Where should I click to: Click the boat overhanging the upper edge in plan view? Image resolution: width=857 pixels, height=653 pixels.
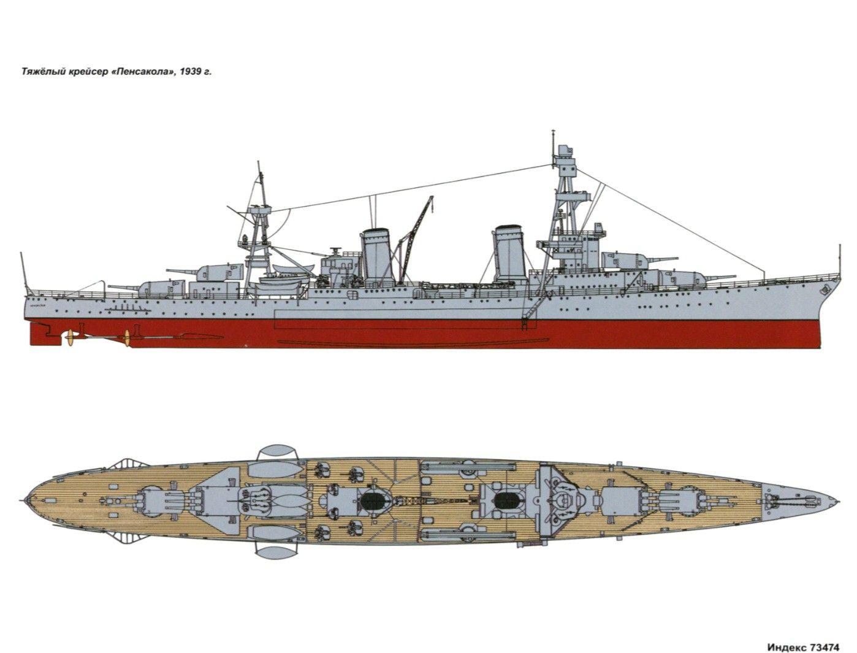[276, 451]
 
